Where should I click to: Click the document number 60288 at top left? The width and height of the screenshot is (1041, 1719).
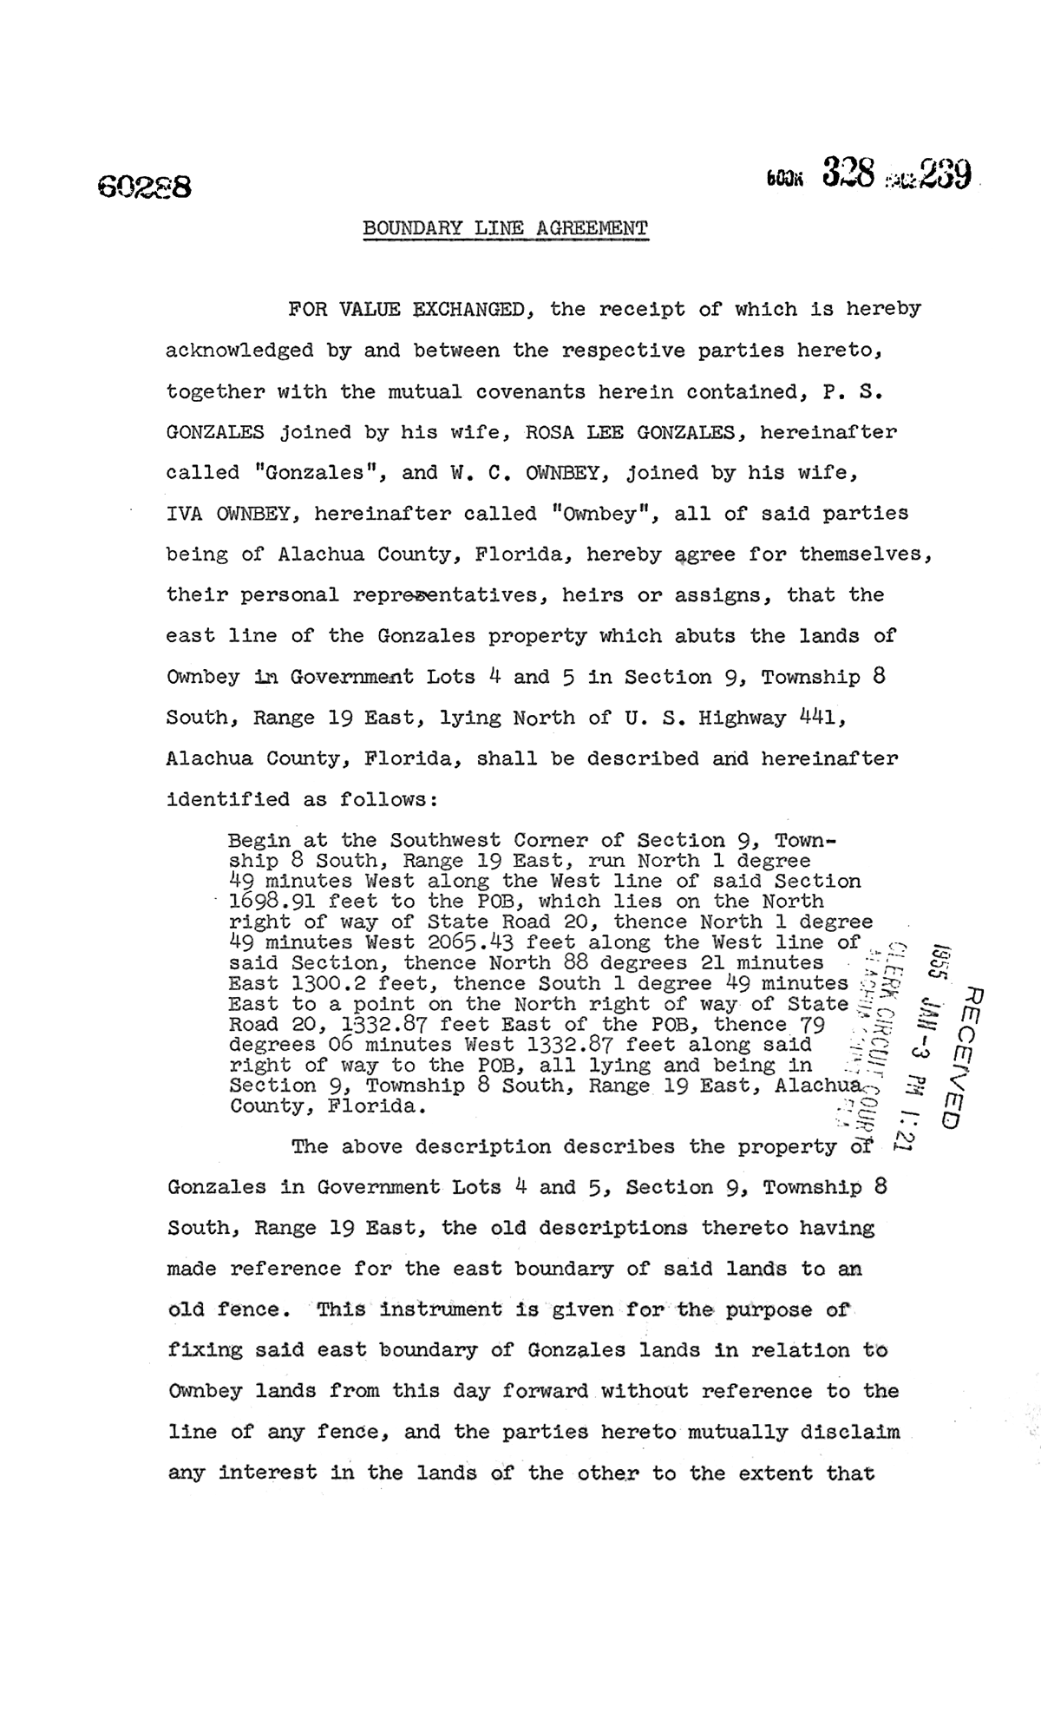coord(144,187)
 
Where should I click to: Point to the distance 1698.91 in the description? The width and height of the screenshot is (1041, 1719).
coord(272,902)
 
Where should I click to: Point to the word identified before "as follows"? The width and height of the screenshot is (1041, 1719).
coord(228,799)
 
